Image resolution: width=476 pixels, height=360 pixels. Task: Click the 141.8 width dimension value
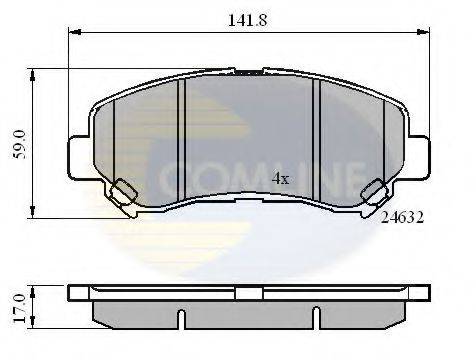click(x=247, y=20)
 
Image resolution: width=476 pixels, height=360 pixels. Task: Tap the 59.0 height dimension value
click(x=20, y=144)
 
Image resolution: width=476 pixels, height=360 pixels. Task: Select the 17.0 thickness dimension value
click(x=20, y=308)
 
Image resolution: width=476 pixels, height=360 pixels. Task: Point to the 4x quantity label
click(x=280, y=179)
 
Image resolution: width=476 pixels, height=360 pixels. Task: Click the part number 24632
click(x=402, y=218)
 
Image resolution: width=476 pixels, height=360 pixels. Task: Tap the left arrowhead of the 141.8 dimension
click(x=75, y=32)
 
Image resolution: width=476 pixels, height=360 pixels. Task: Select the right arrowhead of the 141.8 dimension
click(x=423, y=32)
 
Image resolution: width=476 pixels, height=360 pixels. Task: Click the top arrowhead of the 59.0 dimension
click(x=32, y=75)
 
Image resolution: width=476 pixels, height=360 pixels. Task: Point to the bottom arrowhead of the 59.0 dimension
click(x=32, y=212)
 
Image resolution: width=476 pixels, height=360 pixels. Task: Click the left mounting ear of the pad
click(x=79, y=157)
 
